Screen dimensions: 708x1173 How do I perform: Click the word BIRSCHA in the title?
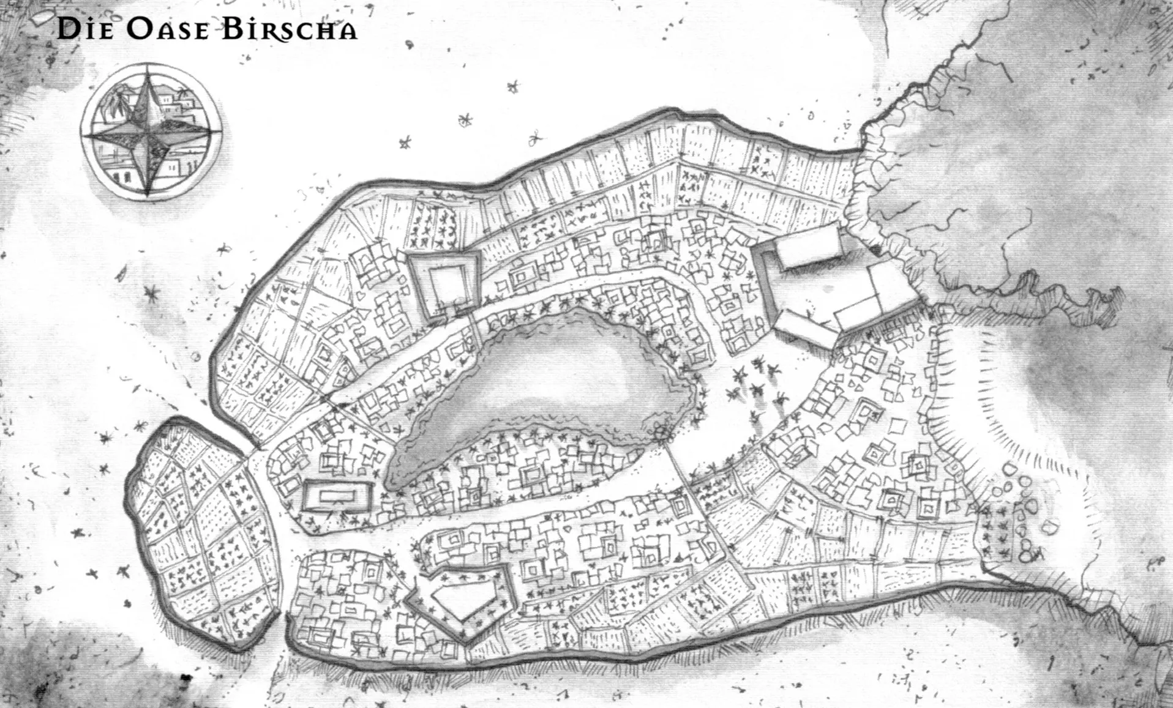288,29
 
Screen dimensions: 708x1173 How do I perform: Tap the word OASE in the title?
167,29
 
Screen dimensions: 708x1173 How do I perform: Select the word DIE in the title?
86,29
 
